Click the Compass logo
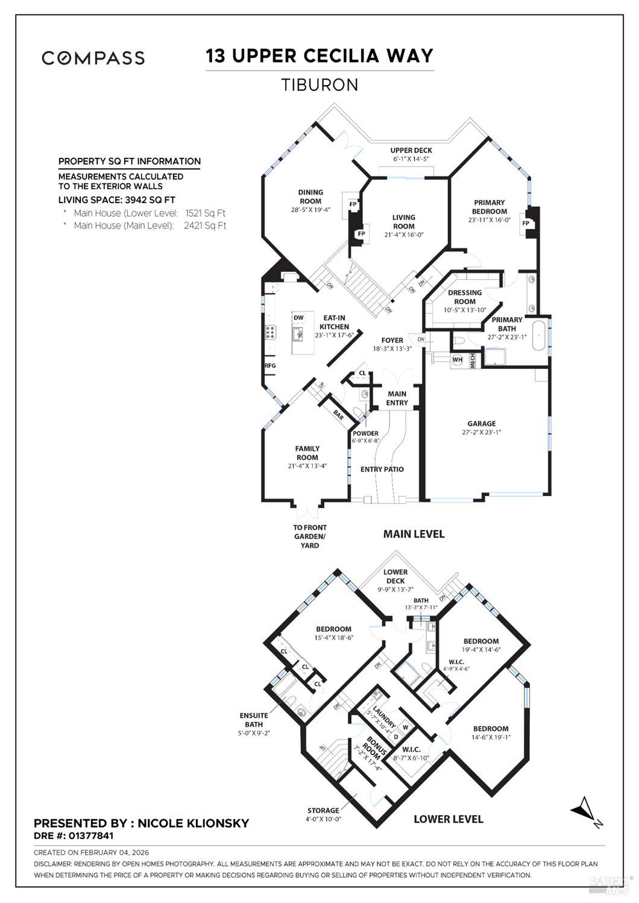tap(93, 58)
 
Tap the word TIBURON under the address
tap(319, 85)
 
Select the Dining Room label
tap(310, 197)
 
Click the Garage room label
tap(481, 424)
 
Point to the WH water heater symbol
tap(458, 360)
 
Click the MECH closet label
tap(473, 360)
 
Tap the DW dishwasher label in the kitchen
tap(298, 318)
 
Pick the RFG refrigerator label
tap(269, 365)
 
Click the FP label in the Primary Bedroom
tap(526, 223)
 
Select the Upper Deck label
tap(411, 151)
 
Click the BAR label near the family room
tap(338, 416)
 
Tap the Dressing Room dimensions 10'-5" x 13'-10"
tap(465, 310)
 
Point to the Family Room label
tap(307, 453)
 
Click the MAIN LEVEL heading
tap(414, 533)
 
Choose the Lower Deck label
tap(395, 576)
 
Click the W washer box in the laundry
tap(406, 727)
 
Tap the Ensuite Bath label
tap(254, 720)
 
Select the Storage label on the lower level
tap(324, 810)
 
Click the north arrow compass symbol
tap(585, 809)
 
